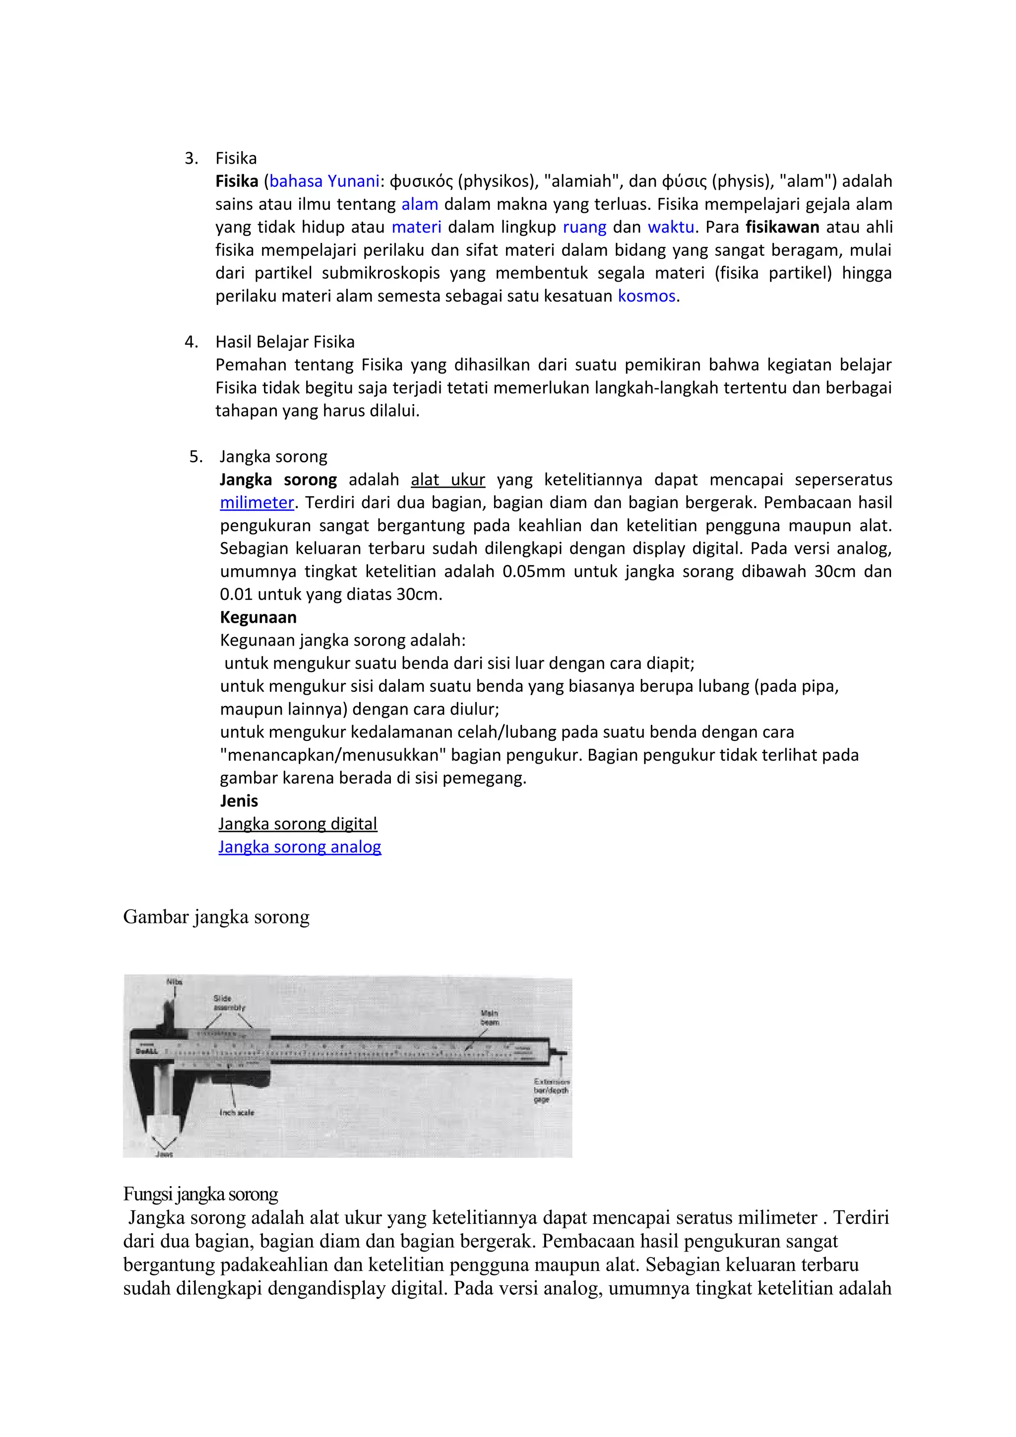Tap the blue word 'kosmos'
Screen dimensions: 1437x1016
tap(646, 296)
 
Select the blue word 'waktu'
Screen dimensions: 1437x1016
tap(670, 227)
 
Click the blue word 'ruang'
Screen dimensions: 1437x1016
tap(584, 227)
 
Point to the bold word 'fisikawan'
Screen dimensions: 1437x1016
tap(782, 227)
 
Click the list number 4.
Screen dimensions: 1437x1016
tap(191, 342)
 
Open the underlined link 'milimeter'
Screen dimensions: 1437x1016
tap(256, 503)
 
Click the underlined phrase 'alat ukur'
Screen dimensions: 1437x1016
tap(447, 480)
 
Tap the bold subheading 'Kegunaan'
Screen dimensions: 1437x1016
tap(258, 618)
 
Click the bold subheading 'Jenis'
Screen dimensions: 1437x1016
tap(239, 801)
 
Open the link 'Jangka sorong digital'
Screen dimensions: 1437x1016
tap(298, 824)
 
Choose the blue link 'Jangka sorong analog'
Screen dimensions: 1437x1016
tap(299, 847)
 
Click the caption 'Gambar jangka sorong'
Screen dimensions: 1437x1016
tap(216, 917)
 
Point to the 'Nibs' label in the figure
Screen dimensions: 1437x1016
tap(174, 981)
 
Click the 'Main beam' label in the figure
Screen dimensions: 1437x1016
tap(490, 1018)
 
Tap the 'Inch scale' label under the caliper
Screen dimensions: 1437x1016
tap(237, 1112)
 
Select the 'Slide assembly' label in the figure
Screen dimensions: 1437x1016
tap(229, 1003)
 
